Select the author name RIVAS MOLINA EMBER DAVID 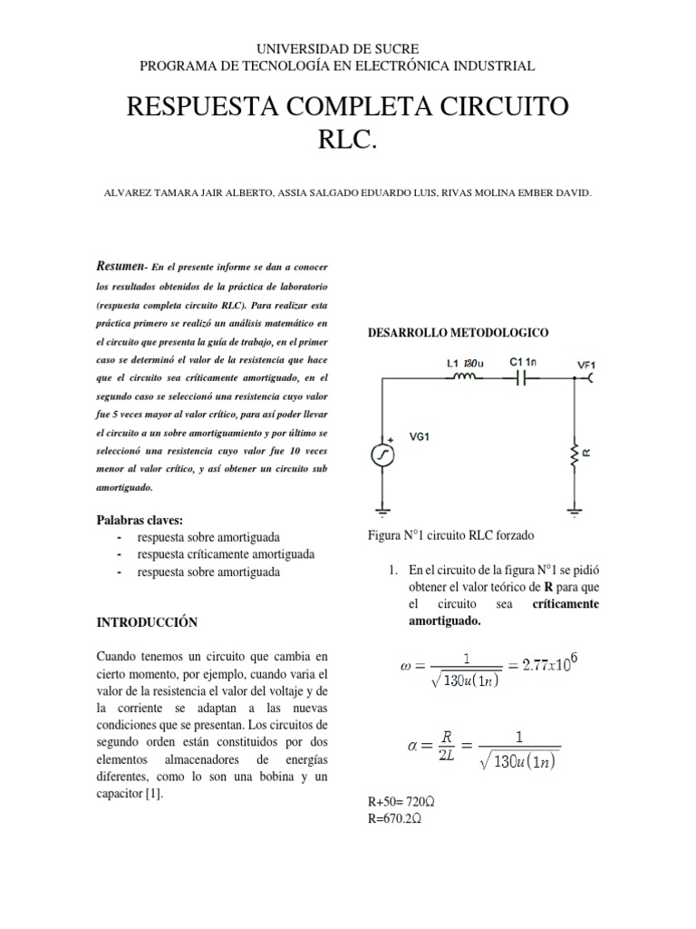[x=515, y=193]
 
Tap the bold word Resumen [x=120, y=265]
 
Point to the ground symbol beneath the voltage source [x=382, y=512]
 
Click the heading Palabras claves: [x=140, y=520]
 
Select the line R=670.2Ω [x=391, y=818]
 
